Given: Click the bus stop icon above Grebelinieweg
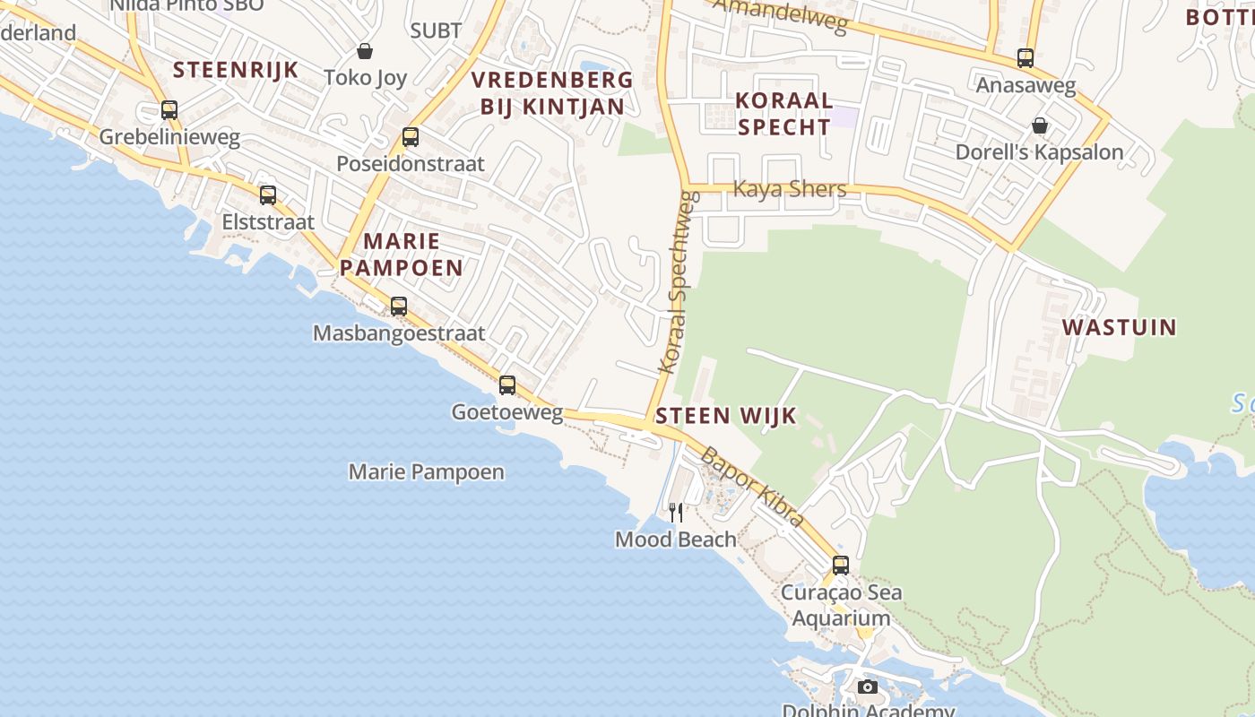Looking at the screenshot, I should pyautogui.click(x=169, y=110).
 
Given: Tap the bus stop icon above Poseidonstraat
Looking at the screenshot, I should pyautogui.click(x=411, y=137).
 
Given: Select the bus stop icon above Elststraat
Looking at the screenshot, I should pyautogui.click(x=267, y=194).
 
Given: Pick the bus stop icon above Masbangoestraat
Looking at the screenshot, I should pyautogui.click(x=399, y=307).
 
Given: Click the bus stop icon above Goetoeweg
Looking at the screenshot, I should pyautogui.click(x=507, y=385).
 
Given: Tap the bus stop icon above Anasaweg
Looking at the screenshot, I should pyautogui.click(x=1026, y=58).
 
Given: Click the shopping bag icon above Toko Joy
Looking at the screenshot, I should pyautogui.click(x=365, y=51).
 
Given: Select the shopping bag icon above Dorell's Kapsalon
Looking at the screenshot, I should pyautogui.click(x=1039, y=125).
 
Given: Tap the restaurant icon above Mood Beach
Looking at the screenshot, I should pyautogui.click(x=676, y=512).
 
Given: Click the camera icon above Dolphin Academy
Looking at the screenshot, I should pyautogui.click(x=867, y=687).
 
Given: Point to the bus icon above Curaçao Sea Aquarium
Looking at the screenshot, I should pyautogui.click(x=840, y=566).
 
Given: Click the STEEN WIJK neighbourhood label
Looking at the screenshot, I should pyautogui.click(x=726, y=416).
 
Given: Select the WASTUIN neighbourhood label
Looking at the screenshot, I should pyautogui.click(x=1119, y=327).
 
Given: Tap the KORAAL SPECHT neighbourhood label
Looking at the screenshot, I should pyautogui.click(x=784, y=113).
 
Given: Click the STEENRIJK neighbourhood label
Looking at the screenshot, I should pyautogui.click(x=235, y=70).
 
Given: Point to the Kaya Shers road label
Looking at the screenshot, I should pyautogui.click(x=790, y=189).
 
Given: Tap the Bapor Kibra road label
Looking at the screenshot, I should pyautogui.click(x=751, y=487).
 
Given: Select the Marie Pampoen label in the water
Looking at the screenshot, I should pyautogui.click(x=426, y=471).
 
